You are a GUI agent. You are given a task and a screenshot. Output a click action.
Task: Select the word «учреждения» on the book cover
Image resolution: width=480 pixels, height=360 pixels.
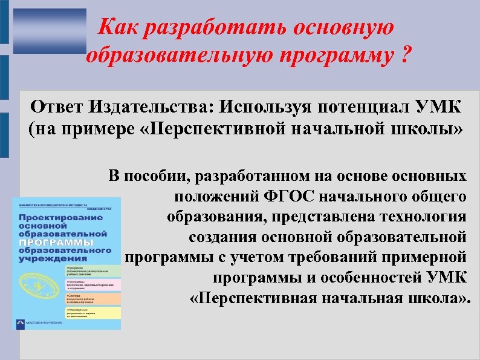pos(48,258)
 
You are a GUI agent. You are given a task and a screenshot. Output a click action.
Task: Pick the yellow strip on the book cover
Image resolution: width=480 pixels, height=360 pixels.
pos(90,313)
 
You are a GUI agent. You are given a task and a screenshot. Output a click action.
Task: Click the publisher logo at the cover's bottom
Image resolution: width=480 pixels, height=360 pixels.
pos(23,324)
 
